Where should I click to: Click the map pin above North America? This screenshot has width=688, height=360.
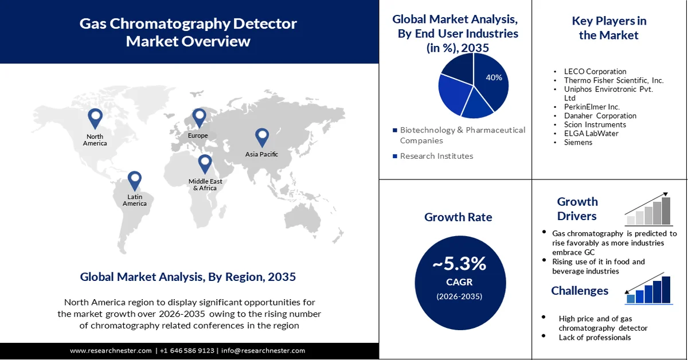[x=95, y=119]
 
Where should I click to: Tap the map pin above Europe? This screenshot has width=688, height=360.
[x=199, y=118]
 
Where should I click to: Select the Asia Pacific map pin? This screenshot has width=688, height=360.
[x=262, y=136]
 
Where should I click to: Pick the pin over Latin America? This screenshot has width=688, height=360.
[x=134, y=180]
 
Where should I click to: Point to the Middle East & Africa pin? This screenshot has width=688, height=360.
[x=205, y=164]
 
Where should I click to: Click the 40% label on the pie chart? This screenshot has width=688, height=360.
[x=494, y=77]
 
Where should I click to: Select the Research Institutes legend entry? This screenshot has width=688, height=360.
[x=436, y=156]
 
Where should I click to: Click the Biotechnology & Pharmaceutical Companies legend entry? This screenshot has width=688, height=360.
[x=462, y=135]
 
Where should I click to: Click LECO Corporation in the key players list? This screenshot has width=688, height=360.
[x=595, y=72]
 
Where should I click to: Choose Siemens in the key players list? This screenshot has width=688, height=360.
[x=578, y=142]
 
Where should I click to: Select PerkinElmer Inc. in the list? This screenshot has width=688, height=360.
[x=592, y=107]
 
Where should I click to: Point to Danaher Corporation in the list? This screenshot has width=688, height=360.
[x=600, y=116]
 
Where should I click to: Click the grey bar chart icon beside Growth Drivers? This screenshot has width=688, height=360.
[x=648, y=210]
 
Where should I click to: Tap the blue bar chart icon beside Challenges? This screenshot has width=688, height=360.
[x=648, y=290]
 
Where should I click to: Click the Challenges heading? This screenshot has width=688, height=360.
[x=580, y=291]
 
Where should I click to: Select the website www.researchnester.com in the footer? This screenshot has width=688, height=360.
[x=111, y=350]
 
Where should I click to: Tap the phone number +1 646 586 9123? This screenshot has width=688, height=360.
[x=187, y=350]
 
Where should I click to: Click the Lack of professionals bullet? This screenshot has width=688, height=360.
[x=595, y=338]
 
